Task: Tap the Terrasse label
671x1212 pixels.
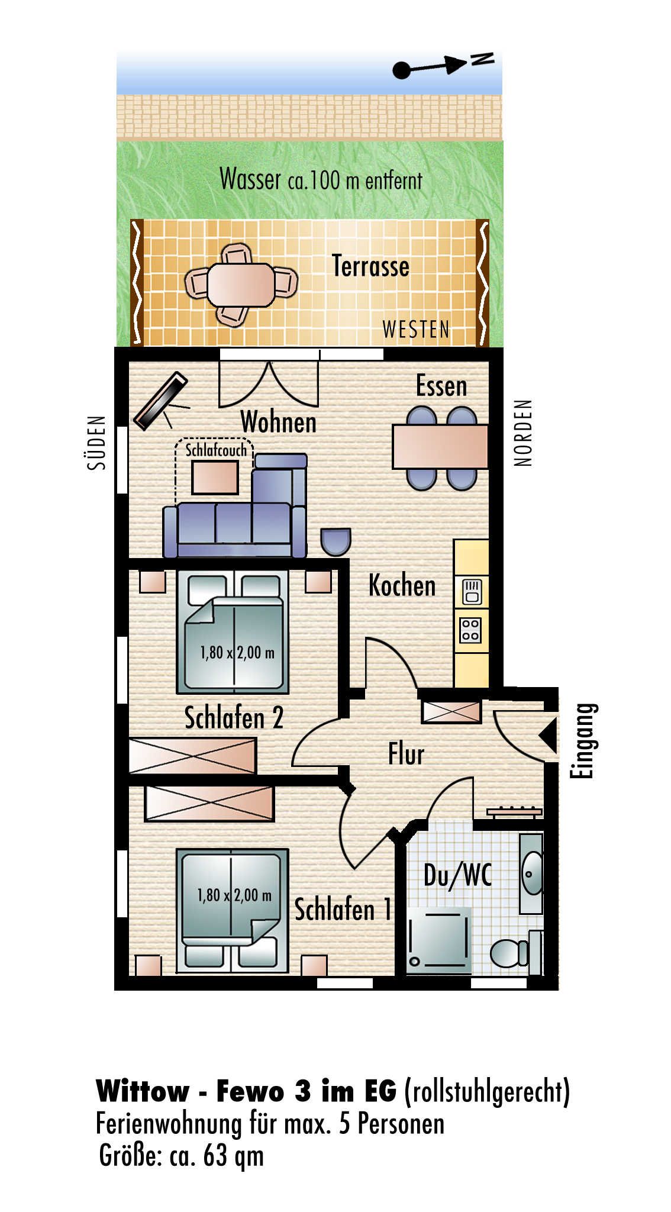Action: click(370, 266)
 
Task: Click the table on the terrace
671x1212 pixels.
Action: click(241, 285)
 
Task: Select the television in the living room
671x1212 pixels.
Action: click(160, 401)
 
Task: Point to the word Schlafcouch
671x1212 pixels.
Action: click(216, 450)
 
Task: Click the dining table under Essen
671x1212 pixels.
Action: click(440, 447)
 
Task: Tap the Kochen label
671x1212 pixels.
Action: click(402, 585)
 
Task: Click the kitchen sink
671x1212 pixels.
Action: click(471, 591)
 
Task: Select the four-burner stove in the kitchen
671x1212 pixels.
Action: click(471, 630)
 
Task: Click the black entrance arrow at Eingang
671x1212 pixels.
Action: click(548, 736)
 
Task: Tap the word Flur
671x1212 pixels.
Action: click(406, 754)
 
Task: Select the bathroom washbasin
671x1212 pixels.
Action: click(532, 873)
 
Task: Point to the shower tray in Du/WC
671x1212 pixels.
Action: click(438, 940)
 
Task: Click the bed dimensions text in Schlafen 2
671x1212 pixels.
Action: click(237, 653)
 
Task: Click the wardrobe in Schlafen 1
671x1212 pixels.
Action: click(209, 804)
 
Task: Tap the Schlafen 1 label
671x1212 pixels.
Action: click(343, 910)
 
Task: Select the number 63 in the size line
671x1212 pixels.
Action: click(215, 1155)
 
